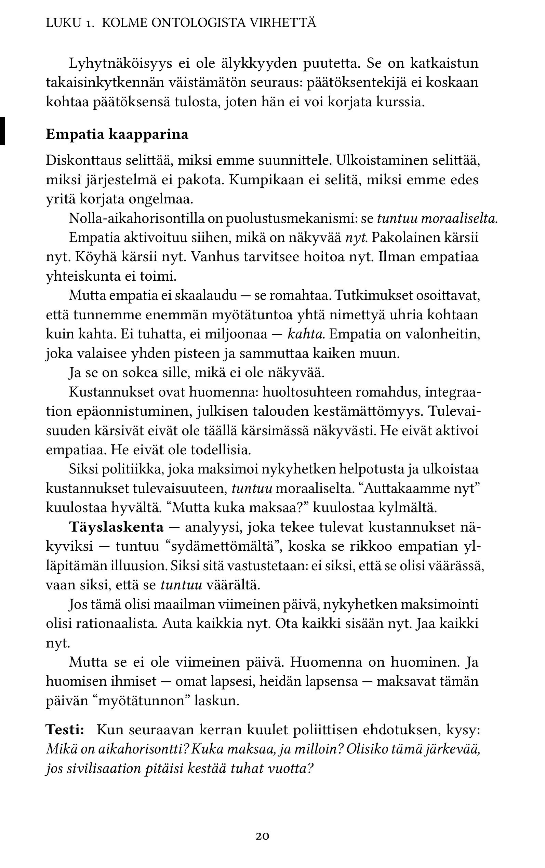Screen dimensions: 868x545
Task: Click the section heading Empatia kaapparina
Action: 117,134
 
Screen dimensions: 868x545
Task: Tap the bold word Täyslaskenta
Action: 117,527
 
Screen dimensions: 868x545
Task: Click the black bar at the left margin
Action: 2,131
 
